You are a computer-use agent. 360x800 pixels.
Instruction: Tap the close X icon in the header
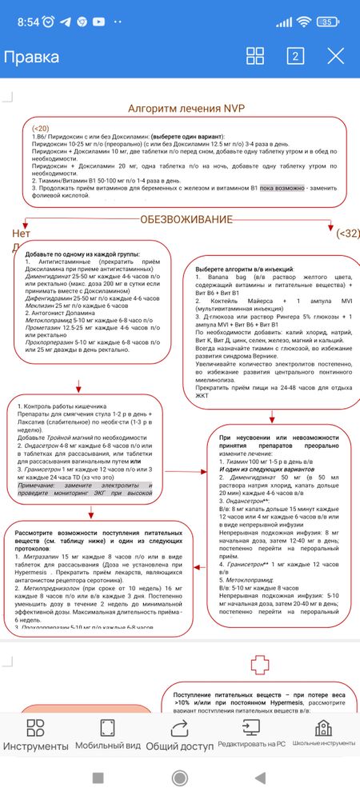point(336,55)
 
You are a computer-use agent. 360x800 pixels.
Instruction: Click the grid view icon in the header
point(255,55)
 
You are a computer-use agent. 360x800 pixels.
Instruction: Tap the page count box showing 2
point(295,55)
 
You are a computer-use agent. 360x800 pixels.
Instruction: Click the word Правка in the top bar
point(31,57)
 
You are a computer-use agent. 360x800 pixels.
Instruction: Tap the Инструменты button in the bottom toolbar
point(35,734)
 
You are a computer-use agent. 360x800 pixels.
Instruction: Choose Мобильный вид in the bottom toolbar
point(107,734)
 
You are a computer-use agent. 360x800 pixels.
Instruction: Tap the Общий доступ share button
point(179,734)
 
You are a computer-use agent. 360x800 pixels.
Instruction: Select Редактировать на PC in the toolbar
point(251,734)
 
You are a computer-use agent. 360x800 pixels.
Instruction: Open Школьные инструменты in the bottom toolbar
point(323,734)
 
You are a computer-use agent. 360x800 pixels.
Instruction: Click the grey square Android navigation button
point(98,777)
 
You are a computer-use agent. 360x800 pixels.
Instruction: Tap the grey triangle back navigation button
point(261,777)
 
